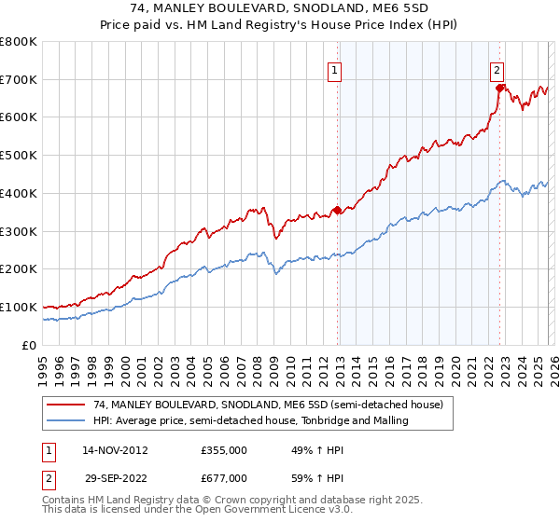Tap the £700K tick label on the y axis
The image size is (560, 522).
pyautogui.click(x=19, y=79)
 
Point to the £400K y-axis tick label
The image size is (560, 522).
pyautogui.click(x=19, y=193)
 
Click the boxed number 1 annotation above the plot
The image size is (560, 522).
pyautogui.click(x=334, y=68)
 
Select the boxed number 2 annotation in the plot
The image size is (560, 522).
pyautogui.click(x=497, y=68)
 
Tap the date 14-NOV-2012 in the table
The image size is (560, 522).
pyautogui.click(x=115, y=450)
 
